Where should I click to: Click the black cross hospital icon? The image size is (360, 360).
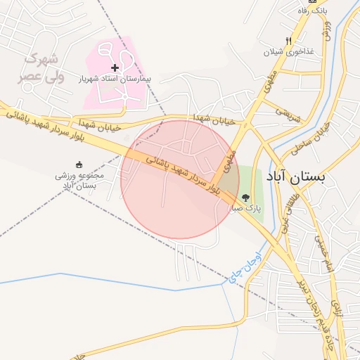[115, 67]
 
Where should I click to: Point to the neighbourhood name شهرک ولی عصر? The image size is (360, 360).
[44, 68]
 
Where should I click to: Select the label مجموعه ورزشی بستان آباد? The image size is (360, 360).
[79, 180]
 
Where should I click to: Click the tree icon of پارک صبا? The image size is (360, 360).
[245, 198]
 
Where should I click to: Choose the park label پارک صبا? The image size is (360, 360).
[247, 209]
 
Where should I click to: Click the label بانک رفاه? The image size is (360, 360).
[312, 11]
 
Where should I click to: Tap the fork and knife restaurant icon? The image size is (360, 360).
[288, 41]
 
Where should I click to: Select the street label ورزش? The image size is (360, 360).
[327, 27]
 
